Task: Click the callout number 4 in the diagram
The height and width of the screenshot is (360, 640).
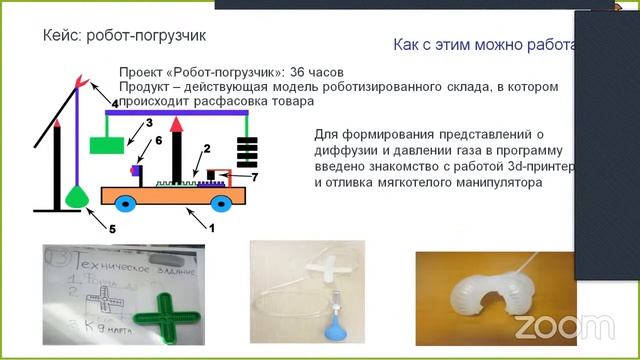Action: (x=114, y=104)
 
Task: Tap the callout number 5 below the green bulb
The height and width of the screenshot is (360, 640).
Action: (x=112, y=228)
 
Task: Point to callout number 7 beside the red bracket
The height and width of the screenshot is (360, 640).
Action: (x=255, y=177)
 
